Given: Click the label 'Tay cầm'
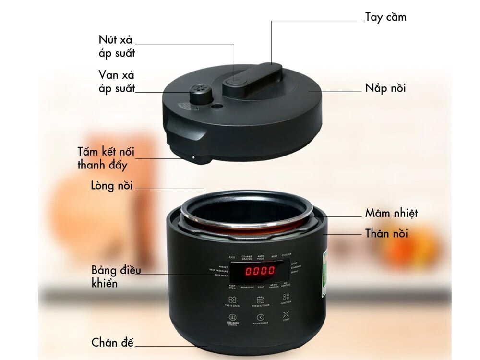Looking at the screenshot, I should pos(385,17).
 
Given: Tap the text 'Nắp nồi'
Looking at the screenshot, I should pos(385,88).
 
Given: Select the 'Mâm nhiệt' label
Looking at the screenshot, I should pos(391,213).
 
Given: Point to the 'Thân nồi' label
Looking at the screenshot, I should pos(386,234).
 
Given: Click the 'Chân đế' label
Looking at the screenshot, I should pos(112,343).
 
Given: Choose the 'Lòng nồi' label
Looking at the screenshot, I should pos(112,186).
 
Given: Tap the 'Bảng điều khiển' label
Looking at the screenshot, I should pos(116,276).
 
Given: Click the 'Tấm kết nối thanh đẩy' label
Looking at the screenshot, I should pos(106,158).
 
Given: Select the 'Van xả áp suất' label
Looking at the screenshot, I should pos(117,82).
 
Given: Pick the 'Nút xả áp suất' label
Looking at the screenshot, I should pos(117,47).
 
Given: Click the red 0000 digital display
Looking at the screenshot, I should pos(260,271).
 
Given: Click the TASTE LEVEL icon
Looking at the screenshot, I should pos(232,300).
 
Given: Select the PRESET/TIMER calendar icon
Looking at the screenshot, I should pos(260,300).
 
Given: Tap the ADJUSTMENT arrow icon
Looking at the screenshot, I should pos(260,317).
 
